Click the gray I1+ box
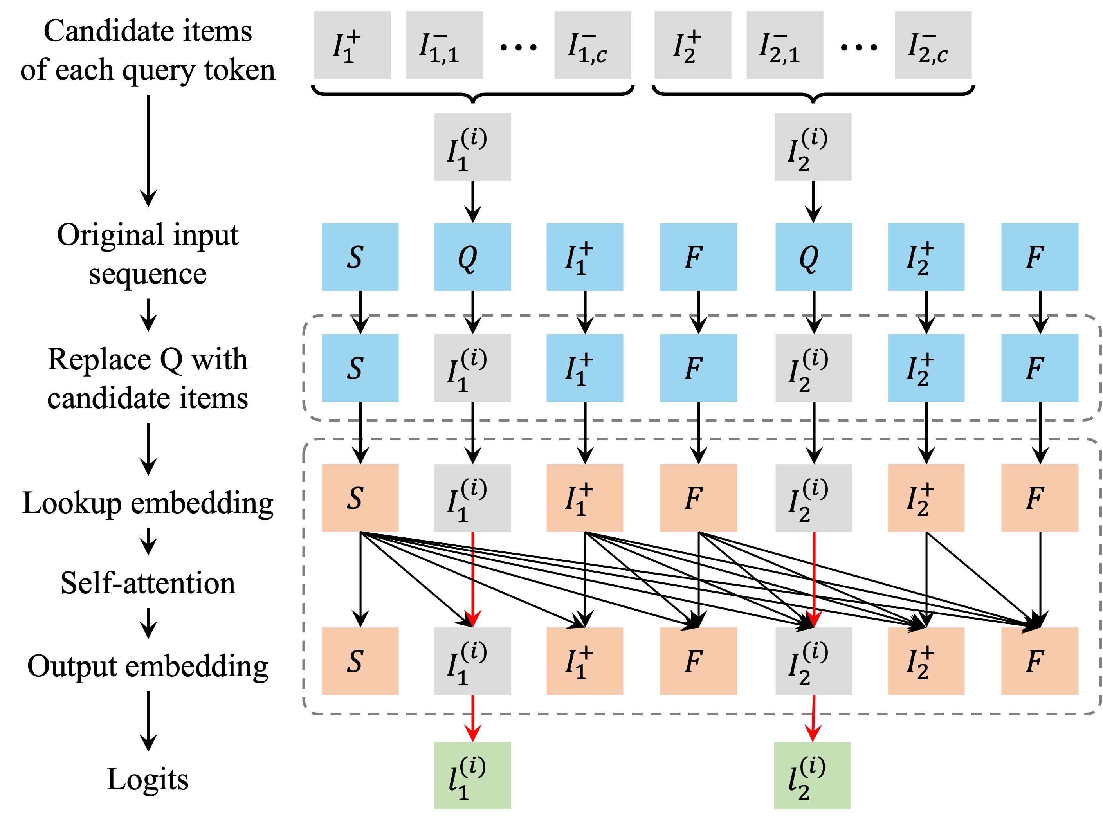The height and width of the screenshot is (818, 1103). pyautogui.click(x=352, y=45)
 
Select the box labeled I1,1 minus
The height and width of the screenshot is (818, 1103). pyautogui.click(x=444, y=45)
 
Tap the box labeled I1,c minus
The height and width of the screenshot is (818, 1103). pyautogui.click(x=592, y=45)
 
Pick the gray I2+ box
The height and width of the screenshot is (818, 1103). pyautogui.click(x=692, y=45)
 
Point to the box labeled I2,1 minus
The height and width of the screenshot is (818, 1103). pyautogui.click(x=785, y=45)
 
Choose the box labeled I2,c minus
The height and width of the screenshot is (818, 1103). pyautogui.click(x=933, y=45)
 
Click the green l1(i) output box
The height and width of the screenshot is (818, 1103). pyautogui.click(x=472, y=775)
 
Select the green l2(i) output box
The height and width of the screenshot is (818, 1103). pyautogui.click(x=812, y=775)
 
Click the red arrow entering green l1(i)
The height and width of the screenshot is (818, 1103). pyautogui.click(x=472, y=718)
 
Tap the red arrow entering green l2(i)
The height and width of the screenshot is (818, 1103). pyautogui.click(x=813, y=718)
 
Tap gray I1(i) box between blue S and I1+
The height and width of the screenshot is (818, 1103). pyautogui.click(x=472, y=368)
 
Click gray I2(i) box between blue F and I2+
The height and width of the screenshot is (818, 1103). pyautogui.click(x=813, y=368)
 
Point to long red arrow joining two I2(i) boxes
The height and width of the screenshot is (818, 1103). pyautogui.click(x=814, y=579)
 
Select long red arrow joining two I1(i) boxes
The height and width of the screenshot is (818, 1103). pyautogui.click(x=472, y=579)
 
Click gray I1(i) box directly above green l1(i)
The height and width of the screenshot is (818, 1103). pyautogui.click(x=472, y=661)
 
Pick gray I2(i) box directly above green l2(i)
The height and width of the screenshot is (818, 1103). pyautogui.click(x=813, y=661)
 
